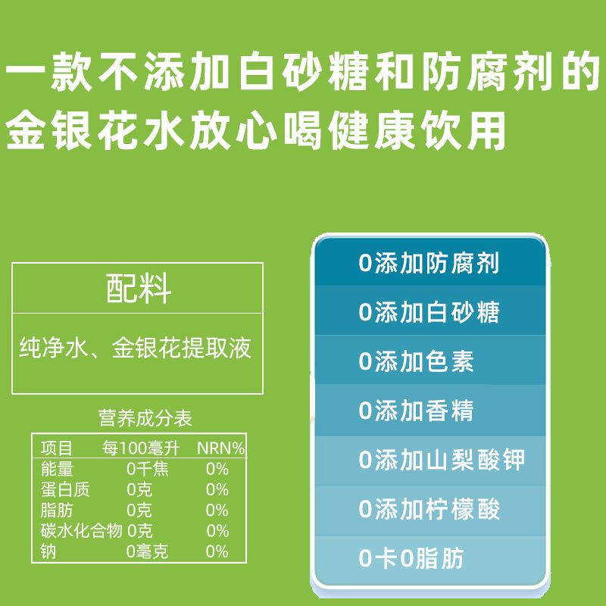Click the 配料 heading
[x=139, y=289]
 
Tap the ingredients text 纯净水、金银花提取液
[x=136, y=348]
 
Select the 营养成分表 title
[x=145, y=418]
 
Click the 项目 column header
[x=56, y=448]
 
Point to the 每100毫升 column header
[x=141, y=448]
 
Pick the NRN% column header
[x=220, y=448]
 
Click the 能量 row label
[x=56, y=469]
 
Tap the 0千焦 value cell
[x=148, y=469]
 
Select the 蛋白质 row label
[x=65, y=489]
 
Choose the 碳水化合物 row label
[x=81, y=531]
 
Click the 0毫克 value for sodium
[x=147, y=551]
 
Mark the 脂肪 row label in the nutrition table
[x=56, y=510]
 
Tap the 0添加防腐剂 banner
[x=430, y=263]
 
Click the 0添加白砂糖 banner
[x=430, y=311]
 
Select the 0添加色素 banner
[x=430, y=361]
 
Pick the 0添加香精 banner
[x=430, y=410]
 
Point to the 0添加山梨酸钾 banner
[x=430, y=460]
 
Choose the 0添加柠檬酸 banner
[x=430, y=509]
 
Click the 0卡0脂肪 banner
[x=430, y=559]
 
